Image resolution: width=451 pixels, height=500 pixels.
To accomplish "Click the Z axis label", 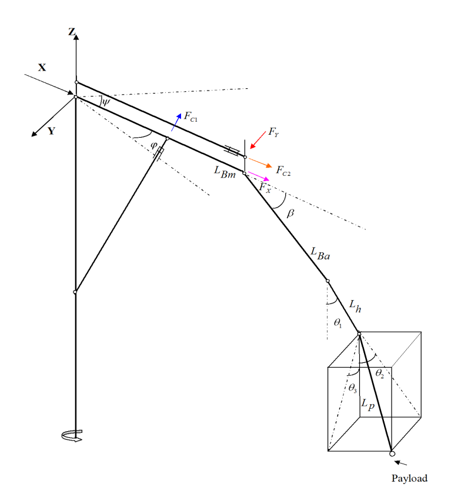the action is point(72,32).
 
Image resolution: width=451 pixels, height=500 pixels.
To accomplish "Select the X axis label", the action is point(42,67).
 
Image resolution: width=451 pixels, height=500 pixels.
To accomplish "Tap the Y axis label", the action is point(51,131).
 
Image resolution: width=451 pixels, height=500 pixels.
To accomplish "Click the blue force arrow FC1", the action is point(176,122).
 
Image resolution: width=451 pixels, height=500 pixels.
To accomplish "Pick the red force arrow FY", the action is point(258,140).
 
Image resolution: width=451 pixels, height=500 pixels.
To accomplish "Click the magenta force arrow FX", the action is point(259,176).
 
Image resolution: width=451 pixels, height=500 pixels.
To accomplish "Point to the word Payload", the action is point(410,478).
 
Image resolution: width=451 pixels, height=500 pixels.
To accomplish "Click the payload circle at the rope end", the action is point(392,454).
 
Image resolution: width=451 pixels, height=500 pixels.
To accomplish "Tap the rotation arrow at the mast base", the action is point(72,435).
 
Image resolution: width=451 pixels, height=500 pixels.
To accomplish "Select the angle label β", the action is point(290,213).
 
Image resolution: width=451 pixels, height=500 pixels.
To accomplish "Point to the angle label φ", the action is point(153,145).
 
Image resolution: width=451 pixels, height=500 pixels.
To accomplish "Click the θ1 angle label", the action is point(338,323).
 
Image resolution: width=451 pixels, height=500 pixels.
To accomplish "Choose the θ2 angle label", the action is point(380,373).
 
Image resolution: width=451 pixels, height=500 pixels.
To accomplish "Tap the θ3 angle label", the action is point(353,388).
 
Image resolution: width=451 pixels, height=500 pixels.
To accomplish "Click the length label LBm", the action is point(225,172).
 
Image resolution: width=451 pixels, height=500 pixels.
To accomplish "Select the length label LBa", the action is point(320,254).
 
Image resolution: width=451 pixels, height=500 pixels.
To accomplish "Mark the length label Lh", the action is point(355,306).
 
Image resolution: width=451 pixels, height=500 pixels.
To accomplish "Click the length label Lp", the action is point(368,404).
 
